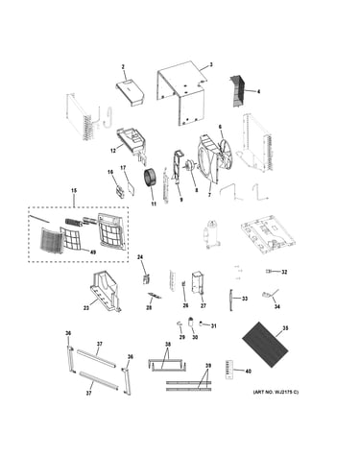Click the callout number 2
(x=123, y=67)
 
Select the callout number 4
(x=258, y=91)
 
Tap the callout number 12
(x=113, y=151)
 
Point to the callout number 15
(x=74, y=191)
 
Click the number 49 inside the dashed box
(x=92, y=252)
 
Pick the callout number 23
(x=86, y=308)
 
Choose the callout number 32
(x=284, y=272)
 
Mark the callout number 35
(x=285, y=328)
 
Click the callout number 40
(x=248, y=372)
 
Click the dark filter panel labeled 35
(x=265, y=344)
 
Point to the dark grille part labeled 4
(x=238, y=91)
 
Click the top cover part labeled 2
(x=130, y=92)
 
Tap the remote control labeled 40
(x=229, y=370)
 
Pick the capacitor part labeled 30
(x=192, y=322)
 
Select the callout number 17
(x=123, y=167)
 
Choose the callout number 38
(x=168, y=345)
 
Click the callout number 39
(x=208, y=366)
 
